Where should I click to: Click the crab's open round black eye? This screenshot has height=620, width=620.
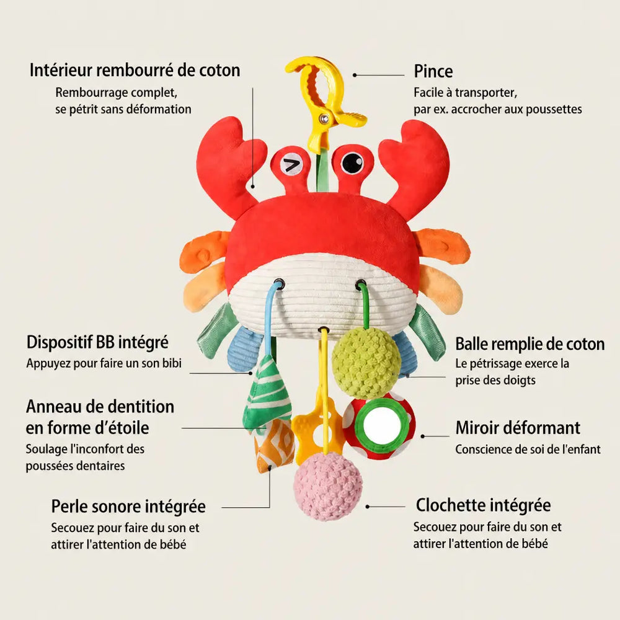click(x=352, y=162)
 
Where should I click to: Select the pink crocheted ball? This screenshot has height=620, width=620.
click(x=328, y=486)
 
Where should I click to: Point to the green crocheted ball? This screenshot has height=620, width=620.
click(x=366, y=363)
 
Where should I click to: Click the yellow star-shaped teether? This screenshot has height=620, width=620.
click(x=316, y=431)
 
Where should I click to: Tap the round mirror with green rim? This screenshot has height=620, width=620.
click(x=379, y=426)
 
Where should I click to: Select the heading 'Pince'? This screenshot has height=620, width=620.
click(x=433, y=71)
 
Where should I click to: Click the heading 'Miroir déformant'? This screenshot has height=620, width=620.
click(x=518, y=428)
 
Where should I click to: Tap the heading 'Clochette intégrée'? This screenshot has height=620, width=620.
click(x=483, y=505)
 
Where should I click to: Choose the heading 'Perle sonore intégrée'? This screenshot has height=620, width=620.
click(x=128, y=507)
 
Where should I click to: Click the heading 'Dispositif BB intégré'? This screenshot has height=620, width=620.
click(x=97, y=342)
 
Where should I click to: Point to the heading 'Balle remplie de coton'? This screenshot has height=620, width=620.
click(x=530, y=344)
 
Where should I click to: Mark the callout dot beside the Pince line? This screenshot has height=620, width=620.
click(x=355, y=75)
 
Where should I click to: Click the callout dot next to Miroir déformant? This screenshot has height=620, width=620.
click(x=423, y=436)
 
